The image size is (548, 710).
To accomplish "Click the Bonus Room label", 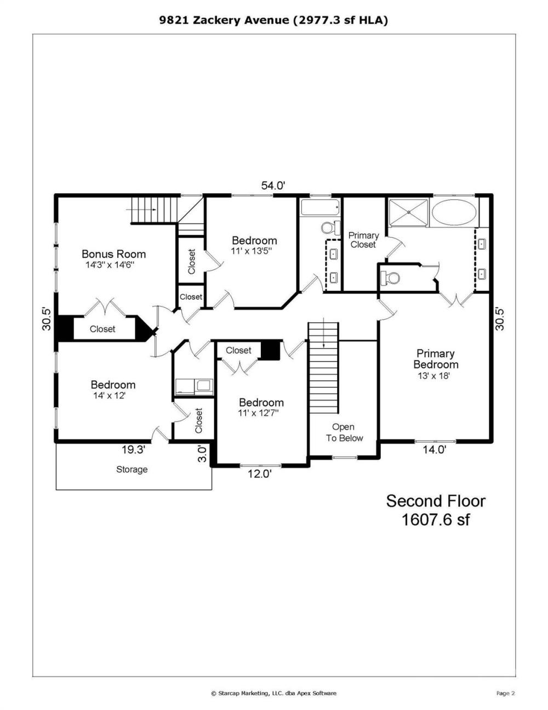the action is (113, 254).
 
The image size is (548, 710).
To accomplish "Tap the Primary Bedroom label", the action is (436, 359).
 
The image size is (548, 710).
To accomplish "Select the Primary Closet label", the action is (363, 240).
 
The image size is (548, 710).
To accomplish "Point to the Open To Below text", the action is (344, 432).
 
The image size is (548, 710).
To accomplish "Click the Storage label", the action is (132, 470).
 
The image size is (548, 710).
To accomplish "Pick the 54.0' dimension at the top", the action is (273, 185).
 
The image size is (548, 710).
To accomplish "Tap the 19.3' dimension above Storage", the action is (133, 450).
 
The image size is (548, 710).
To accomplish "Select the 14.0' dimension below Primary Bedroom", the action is (435, 450).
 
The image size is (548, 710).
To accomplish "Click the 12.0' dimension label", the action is (260, 474).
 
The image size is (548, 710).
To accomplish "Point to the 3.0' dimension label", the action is (203, 454).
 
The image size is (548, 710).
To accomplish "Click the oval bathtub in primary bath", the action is (454, 212).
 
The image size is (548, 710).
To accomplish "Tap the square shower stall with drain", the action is (408, 212).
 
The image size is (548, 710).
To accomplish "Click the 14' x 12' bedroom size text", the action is (110, 396).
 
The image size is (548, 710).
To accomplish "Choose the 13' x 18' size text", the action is (434, 376).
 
